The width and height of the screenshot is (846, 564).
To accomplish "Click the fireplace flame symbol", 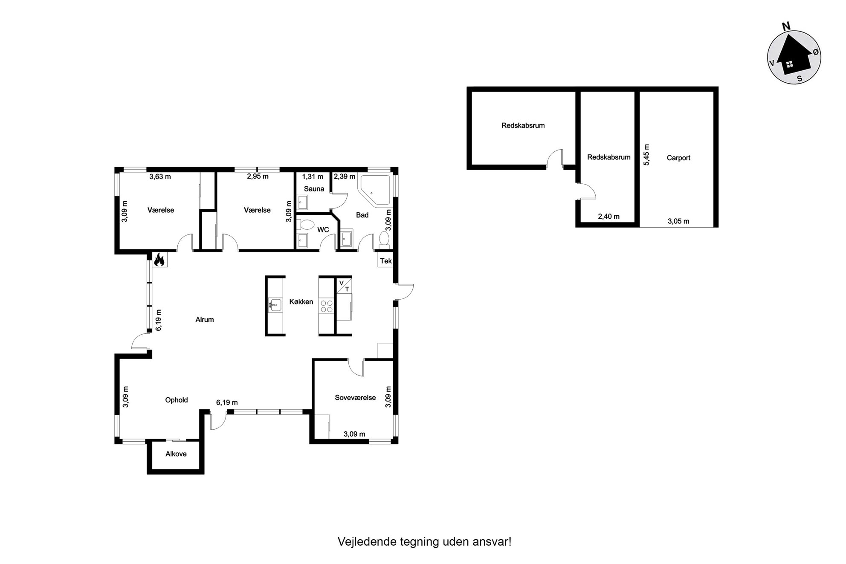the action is tap(159, 260).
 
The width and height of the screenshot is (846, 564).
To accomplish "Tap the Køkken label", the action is tap(301, 302).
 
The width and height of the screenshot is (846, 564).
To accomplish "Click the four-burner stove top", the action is tap(327, 306).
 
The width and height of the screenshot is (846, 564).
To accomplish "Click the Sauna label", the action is tap(314, 189).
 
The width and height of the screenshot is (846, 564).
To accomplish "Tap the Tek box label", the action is tap(385, 261).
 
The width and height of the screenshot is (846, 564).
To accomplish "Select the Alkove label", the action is tap(176, 454).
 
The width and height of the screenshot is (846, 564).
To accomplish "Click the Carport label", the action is tap(678, 158).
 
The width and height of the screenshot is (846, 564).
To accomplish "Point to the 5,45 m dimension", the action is tap(646, 154).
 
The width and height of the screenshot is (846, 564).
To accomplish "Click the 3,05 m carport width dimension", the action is tap(678, 221).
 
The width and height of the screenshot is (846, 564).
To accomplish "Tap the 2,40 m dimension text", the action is tap(608, 217).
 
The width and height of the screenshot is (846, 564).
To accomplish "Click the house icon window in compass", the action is tap(789, 64).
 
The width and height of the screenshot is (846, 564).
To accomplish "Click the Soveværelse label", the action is tap(355, 398).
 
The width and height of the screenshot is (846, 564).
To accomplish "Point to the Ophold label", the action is tap(177, 400).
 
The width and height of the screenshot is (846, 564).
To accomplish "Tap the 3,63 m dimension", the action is tap(160, 176).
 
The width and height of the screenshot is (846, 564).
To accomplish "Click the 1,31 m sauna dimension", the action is tap(313, 176).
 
